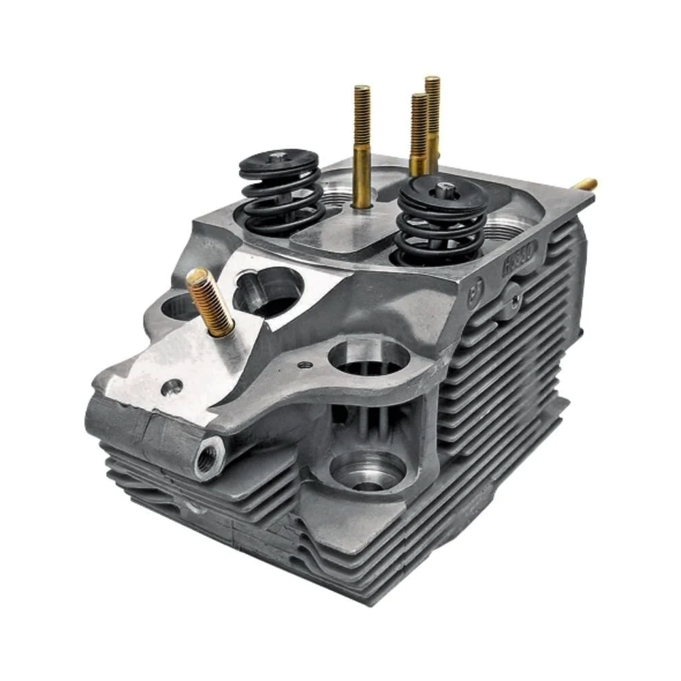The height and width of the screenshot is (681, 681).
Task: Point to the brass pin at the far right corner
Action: (586, 183)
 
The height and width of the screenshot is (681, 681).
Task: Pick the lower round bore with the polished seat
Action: (368, 473)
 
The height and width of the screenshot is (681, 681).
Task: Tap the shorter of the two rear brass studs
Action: (418, 133)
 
